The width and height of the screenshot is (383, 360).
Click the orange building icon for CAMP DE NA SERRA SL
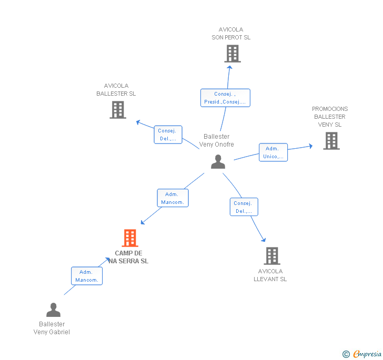point(130,238)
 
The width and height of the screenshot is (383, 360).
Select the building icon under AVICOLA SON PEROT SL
point(233,54)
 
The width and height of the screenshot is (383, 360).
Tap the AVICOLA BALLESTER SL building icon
point(118,110)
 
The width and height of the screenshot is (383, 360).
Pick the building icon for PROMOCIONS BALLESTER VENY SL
point(331,141)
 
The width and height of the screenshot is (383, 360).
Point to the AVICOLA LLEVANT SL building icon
point(272,256)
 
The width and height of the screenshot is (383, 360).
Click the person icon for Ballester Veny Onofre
point(218,161)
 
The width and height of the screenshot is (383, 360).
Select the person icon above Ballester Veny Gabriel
point(53,310)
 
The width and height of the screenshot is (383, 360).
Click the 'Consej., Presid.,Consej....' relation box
point(225,98)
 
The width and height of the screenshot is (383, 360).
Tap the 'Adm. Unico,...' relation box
point(274,152)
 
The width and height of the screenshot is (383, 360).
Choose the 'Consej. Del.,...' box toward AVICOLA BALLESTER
point(168,135)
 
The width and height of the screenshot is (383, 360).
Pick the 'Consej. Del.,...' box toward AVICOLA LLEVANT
point(244,207)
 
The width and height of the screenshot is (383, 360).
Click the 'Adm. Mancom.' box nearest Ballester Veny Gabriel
point(87,276)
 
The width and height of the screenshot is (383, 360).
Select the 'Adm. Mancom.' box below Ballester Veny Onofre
point(173,198)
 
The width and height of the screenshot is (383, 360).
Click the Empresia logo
point(362,354)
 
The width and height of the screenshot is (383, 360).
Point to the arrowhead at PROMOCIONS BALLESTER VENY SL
point(311,146)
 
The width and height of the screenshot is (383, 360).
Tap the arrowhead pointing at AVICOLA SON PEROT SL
point(229,68)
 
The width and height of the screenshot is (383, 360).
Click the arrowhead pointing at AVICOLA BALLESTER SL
point(138,122)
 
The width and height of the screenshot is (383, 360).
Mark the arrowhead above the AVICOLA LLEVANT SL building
point(264,240)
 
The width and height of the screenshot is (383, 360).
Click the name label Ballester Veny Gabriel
point(52,328)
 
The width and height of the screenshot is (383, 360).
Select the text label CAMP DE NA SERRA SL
point(128,257)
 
